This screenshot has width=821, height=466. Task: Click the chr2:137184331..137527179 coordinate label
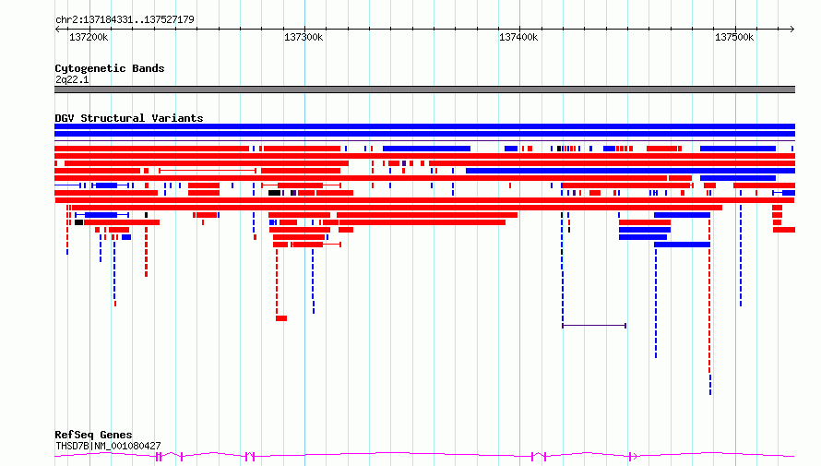125,19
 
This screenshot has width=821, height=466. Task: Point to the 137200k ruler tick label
89,37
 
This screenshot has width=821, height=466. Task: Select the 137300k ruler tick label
303,37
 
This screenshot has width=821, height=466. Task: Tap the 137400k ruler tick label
518,37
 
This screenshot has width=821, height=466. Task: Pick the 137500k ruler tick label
734,37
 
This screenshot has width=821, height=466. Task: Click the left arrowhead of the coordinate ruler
57,30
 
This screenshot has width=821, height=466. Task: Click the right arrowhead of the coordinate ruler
792,30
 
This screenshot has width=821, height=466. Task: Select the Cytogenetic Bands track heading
110,68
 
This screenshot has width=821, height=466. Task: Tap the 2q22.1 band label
72,79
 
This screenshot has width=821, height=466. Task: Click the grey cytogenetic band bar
424,90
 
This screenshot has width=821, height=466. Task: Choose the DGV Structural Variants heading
129,118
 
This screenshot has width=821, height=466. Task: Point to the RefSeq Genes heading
93,435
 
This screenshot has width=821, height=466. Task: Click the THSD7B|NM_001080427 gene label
108,446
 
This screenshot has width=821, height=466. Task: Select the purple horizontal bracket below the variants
594,326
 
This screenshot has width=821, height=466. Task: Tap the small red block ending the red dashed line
281,318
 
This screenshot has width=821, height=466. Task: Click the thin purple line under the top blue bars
424,141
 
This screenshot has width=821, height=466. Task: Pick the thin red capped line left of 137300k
208,171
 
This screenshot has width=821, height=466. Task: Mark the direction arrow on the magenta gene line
634,457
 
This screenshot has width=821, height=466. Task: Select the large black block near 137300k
274,193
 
